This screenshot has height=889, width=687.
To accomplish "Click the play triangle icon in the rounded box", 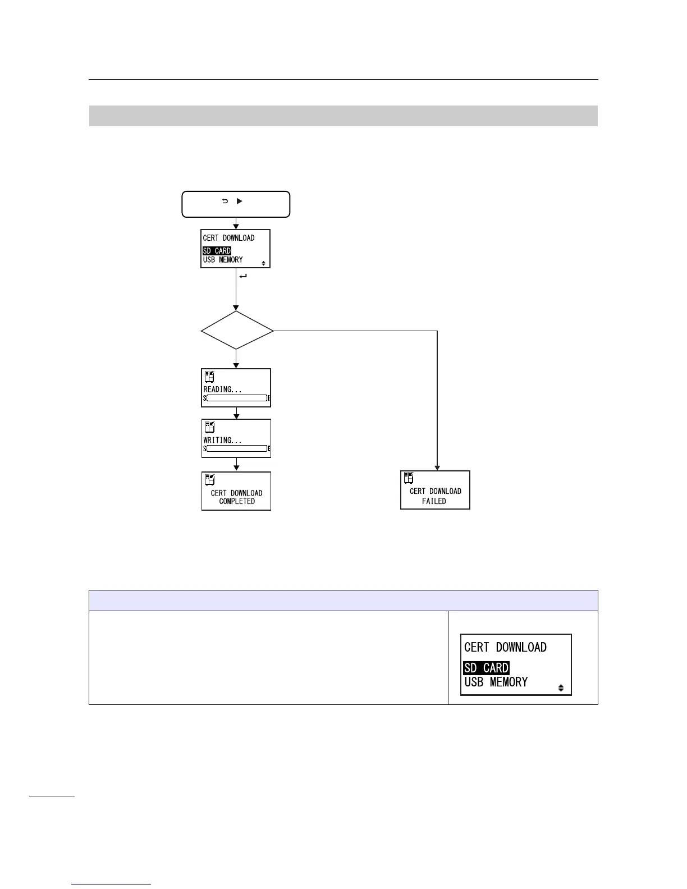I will coord(239,200).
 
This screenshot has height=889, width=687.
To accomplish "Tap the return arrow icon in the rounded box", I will coord(225,200).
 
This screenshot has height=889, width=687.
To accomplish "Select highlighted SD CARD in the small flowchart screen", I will coord(217,251).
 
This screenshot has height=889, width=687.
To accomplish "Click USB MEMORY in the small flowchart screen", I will coord(223,260).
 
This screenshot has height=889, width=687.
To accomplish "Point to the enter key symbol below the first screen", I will coord(242,276).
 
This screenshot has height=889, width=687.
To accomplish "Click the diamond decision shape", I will coord(237,331).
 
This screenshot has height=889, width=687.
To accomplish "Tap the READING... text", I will coord(222,389).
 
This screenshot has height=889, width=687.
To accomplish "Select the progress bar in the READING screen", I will coord(236,398).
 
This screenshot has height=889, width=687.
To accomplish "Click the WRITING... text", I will coord(222,440).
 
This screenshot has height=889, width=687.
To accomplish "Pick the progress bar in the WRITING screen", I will coord(236,448).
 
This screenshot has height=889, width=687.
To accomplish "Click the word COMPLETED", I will coord(237,501).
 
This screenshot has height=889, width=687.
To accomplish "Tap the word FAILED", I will coord(434,501).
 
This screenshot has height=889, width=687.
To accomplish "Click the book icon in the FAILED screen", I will coord(409,478).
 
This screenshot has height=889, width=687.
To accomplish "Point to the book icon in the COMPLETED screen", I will coord(209,480).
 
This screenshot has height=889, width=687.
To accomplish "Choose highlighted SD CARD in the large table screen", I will coord(486,668).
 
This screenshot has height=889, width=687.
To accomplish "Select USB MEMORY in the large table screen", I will coord(496,682).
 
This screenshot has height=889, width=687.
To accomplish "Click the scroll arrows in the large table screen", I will coord(561,688).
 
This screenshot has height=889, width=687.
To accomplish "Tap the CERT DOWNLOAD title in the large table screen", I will coord(505,647).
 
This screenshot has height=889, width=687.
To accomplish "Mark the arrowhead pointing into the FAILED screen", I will coord(437,468).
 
